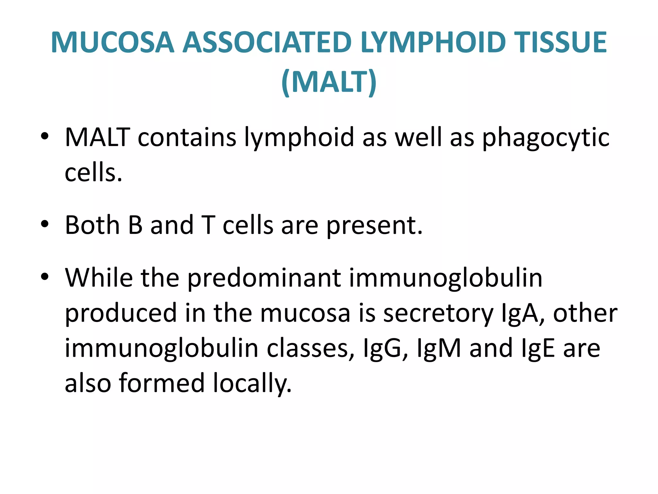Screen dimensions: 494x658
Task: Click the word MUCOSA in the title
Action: pyautogui.click(x=112, y=42)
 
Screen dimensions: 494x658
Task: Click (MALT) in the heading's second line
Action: pyautogui.click(x=329, y=82)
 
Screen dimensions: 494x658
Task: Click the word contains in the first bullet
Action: pyautogui.click(x=187, y=137)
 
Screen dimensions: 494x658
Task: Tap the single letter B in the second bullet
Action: pyautogui.click(x=135, y=225)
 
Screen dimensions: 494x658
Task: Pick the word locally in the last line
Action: pyautogui.click(x=252, y=384)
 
